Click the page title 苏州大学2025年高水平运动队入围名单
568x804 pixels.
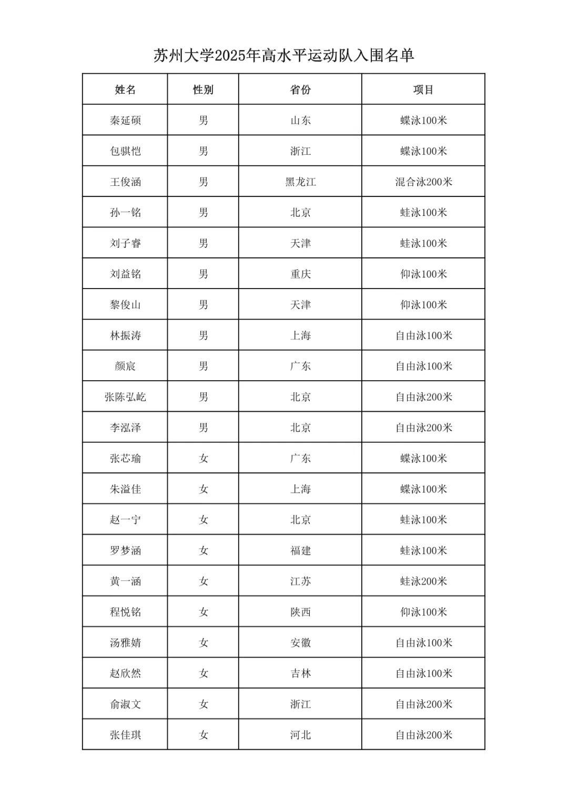(283, 55)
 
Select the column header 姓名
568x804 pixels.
(125, 90)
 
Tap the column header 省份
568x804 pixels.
(300, 90)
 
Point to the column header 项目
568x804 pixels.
(423, 90)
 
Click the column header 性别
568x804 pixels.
(203, 90)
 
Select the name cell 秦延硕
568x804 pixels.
(125, 121)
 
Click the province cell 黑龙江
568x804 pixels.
(300, 182)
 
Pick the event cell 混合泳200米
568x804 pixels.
(423, 182)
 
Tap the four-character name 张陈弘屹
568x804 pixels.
(125, 397)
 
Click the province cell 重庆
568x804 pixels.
(300, 274)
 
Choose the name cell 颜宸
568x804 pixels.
(125, 366)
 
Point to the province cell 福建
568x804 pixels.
(300, 551)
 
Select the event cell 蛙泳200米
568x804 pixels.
(423, 581)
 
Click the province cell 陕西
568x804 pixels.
(300, 612)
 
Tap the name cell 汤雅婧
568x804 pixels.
(125, 643)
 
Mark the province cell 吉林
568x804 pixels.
(300, 673)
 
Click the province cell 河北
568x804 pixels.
(300, 735)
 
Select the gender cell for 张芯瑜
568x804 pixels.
(203, 459)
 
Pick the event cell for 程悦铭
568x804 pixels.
(423, 612)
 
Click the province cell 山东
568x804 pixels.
(300, 121)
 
